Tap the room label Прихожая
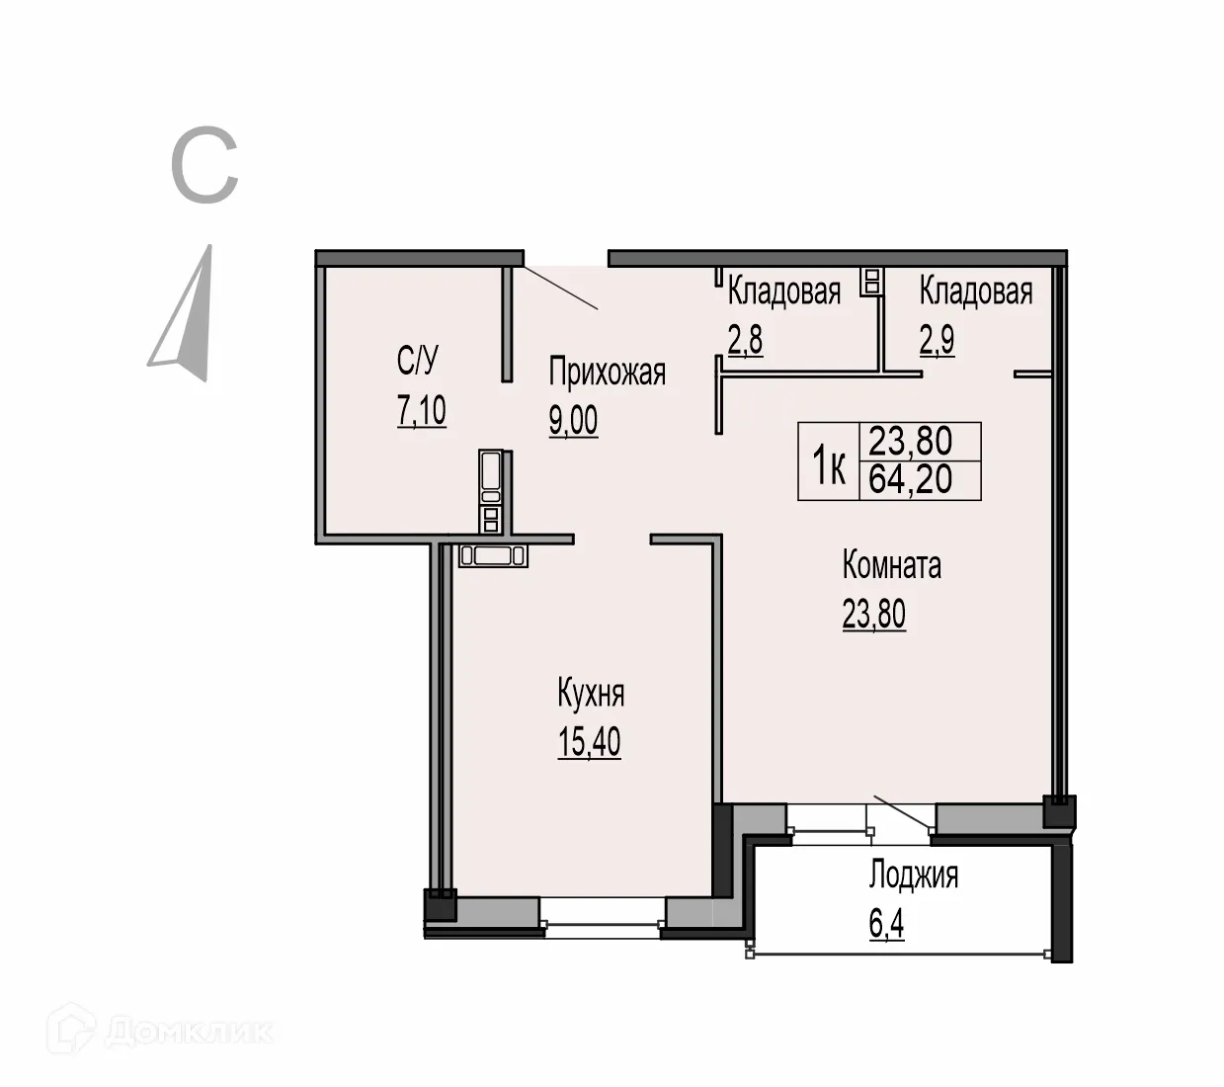tap(607, 373)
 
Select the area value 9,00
tap(573, 421)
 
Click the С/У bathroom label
tap(417, 361)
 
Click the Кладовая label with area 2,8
tap(783, 292)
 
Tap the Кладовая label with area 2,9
tap(975, 292)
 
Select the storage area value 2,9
tap(937, 340)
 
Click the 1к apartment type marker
tap(829, 465)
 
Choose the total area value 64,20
tap(910, 480)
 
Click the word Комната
tap(891, 565)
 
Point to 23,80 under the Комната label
tap(873, 614)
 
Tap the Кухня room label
tap(591, 694)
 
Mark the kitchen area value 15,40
tap(589, 741)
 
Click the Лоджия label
tap(913, 876)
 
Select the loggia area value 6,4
tap(886, 925)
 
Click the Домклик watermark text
tap(188, 1033)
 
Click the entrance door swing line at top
tap(560, 288)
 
